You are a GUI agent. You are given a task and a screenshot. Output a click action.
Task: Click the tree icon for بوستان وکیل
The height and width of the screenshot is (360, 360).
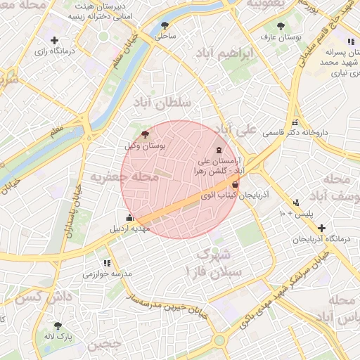tap(145, 134)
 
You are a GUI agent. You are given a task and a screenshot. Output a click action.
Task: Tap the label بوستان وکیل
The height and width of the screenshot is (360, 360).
tap(143, 146)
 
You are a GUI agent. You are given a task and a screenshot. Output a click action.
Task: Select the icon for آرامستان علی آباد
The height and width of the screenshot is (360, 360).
tap(219, 150)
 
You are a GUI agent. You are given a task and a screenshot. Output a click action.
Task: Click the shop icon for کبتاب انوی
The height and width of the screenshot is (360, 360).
tap(234, 186)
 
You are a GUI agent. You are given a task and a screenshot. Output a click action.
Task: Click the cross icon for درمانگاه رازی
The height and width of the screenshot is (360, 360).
tap(55, 41)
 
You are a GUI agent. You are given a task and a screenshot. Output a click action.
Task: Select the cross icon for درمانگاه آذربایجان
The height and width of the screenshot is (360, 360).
tap(321, 228)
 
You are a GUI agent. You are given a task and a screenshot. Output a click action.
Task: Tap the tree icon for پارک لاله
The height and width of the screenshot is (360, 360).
tap(58, 326)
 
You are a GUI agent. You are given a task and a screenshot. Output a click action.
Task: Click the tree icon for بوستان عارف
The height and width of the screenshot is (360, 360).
tap(282, 25)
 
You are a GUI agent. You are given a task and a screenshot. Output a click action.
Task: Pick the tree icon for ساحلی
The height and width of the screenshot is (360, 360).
tap(165, 25)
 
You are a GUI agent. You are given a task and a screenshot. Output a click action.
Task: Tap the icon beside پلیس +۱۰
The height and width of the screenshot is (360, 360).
tap(295, 202)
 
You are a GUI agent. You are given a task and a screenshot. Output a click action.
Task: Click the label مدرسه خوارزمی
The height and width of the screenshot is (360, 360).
tap(108, 274)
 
